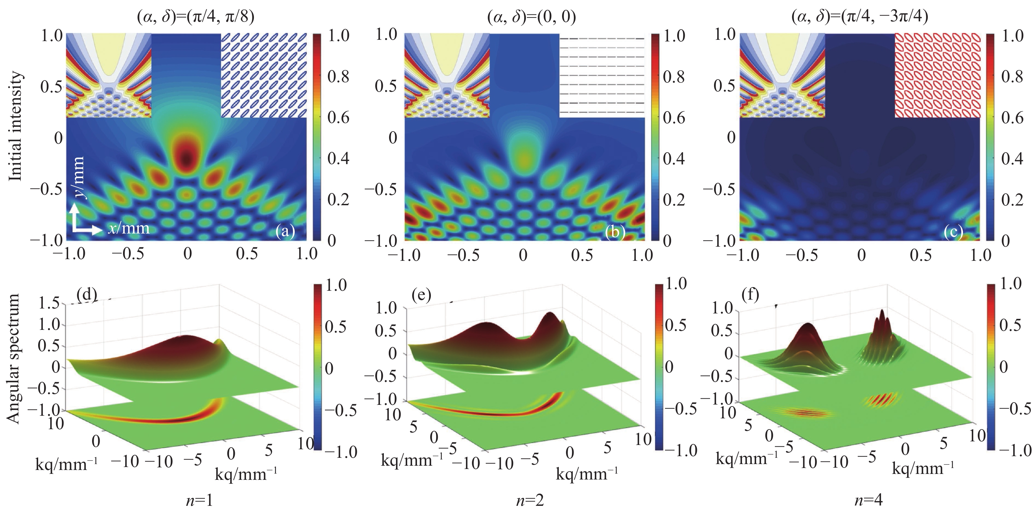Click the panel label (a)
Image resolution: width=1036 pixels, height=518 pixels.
point(285,231)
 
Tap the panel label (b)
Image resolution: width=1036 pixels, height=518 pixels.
point(615,231)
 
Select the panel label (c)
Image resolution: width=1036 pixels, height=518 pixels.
point(953,231)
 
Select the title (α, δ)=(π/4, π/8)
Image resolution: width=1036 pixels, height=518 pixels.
point(196,17)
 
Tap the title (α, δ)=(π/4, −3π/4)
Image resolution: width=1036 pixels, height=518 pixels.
point(859,17)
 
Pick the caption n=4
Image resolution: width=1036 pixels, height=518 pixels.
point(868,500)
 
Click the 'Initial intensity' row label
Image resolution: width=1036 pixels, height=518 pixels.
point(15,126)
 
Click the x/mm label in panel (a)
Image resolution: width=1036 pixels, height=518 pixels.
point(128,229)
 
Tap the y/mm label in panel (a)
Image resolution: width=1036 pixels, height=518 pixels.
point(78,177)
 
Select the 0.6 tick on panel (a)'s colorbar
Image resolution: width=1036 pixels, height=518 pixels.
point(338,117)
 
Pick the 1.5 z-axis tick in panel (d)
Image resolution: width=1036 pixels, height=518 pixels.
point(49,303)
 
